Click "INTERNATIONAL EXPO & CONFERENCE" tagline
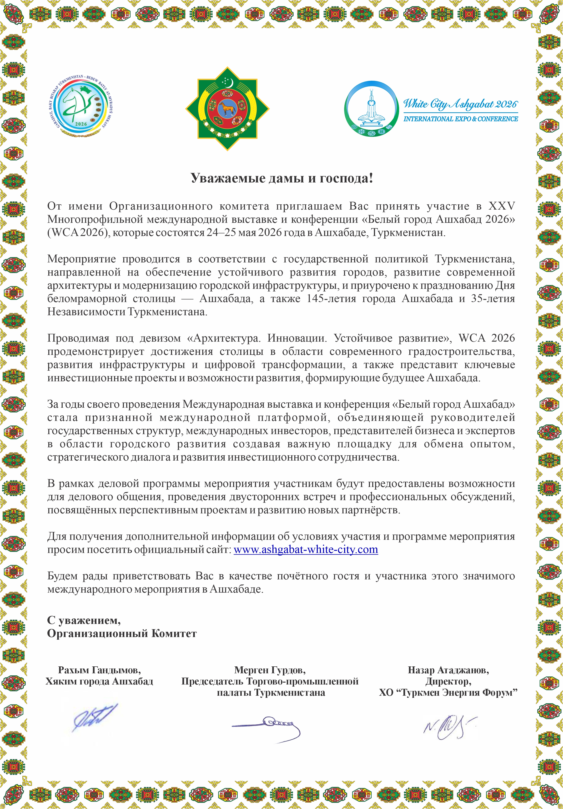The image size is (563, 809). click(461, 119)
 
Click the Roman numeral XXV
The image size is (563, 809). click(501, 206)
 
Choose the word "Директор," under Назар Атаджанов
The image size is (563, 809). click(448, 681)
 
